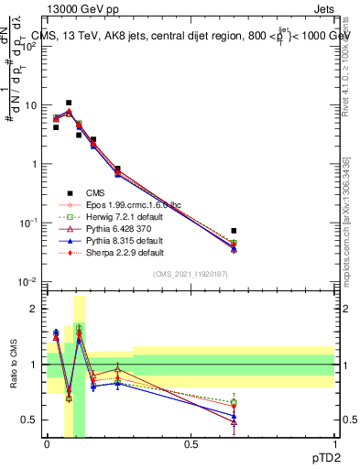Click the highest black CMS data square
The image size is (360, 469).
69,103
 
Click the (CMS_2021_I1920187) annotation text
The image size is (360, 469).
191,275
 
